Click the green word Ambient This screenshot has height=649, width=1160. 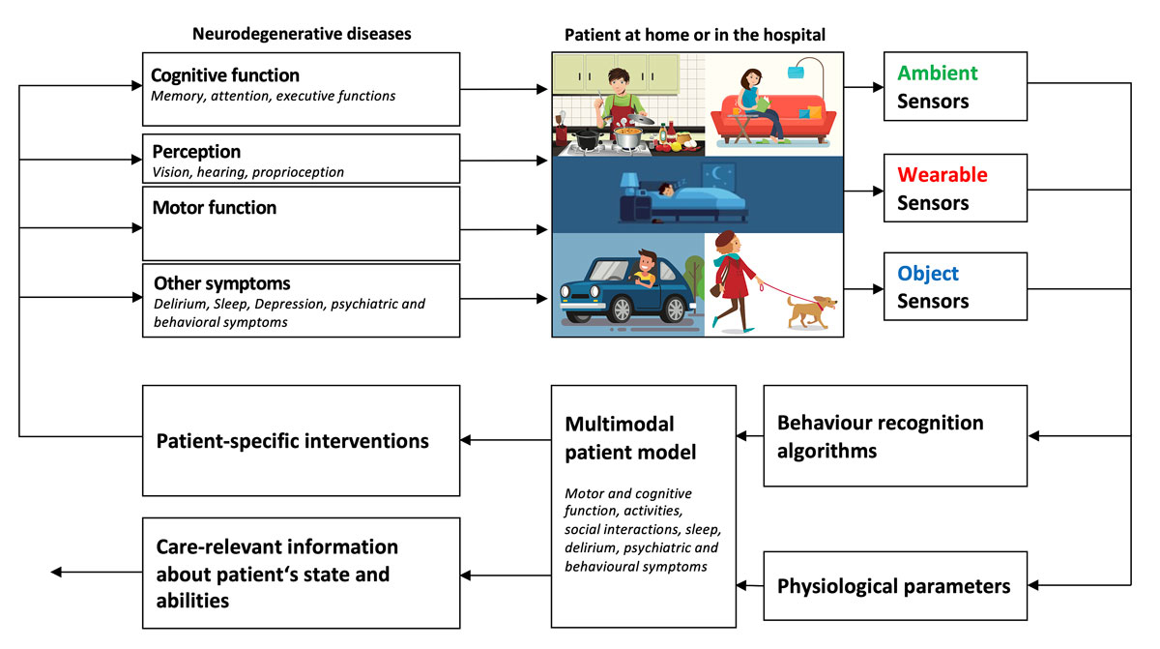[x=938, y=73]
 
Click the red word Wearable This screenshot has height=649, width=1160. [x=942, y=175]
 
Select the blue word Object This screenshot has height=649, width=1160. [x=928, y=274]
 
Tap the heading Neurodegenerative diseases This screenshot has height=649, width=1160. [x=302, y=34]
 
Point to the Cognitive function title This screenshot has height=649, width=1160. [x=226, y=74]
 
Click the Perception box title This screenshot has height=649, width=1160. [x=197, y=152]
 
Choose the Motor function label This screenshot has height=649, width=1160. [x=215, y=207]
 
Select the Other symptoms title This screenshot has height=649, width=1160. [x=221, y=284]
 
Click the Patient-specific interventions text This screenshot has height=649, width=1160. [x=293, y=441]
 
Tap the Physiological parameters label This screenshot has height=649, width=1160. [x=894, y=586]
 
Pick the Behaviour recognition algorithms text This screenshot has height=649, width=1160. [x=880, y=436]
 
